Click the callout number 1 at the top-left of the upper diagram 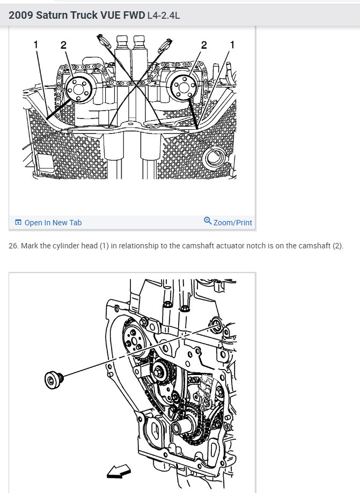(x=36, y=45)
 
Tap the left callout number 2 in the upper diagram (x=64, y=45)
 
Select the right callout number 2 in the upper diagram (x=204, y=45)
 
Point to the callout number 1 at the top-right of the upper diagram (x=232, y=45)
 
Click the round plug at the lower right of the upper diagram (x=216, y=157)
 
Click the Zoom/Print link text (x=232, y=223)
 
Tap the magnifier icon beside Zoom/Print (x=208, y=221)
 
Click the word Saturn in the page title (x=53, y=15)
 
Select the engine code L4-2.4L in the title (x=163, y=15)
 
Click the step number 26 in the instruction (x=13, y=246)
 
